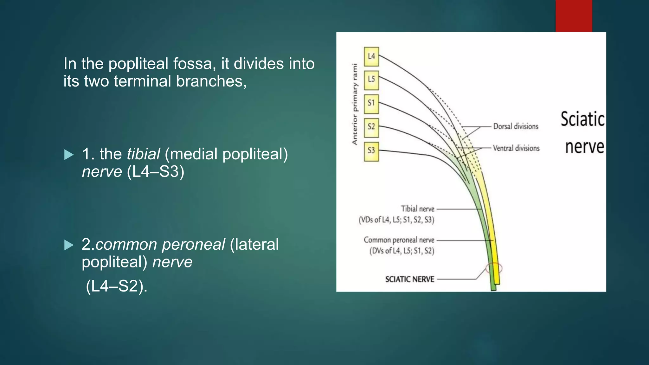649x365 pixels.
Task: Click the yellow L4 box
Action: [x=371, y=56]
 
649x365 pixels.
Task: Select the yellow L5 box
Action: [x=371, y=80]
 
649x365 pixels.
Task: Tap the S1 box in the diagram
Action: [x=371, y=103]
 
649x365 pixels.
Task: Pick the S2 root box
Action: [x=371, y=127]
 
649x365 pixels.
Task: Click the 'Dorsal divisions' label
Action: [x=516, y=126]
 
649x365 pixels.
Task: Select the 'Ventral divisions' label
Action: [x=516, y=148]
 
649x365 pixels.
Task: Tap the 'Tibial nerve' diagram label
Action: [x=417, y=209]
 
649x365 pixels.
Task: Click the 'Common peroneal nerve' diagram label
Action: [x=399, y=240]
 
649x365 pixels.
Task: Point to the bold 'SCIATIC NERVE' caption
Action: [x=409, y=279]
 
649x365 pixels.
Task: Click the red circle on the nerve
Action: [x=494, y=268]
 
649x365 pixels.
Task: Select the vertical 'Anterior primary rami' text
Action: [x=355, y=104]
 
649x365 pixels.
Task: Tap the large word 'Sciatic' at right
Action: [x=582, y=119]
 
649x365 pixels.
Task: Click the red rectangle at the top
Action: [x=574, y=16]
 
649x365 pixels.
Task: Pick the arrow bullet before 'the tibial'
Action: [x=69, y=155]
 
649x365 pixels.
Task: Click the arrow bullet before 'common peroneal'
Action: [x=69, y=245]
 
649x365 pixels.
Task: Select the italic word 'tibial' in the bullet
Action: [x=143, y=154]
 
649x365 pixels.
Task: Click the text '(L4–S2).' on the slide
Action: [x=116, y=286]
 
